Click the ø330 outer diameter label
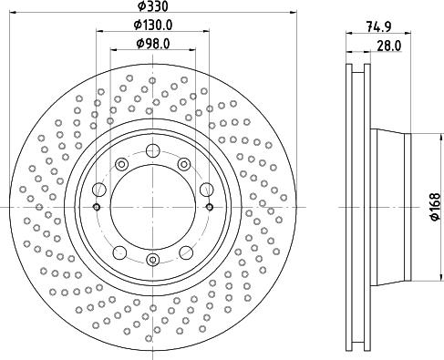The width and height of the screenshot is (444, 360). (152, 6)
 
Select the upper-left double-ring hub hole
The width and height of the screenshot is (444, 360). (121, 163)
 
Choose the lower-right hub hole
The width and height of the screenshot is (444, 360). (185, 252)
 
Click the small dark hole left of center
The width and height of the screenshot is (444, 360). (97, 208)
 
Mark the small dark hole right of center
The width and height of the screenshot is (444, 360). (210, 208)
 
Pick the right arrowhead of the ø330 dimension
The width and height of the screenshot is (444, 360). (297, 15)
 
